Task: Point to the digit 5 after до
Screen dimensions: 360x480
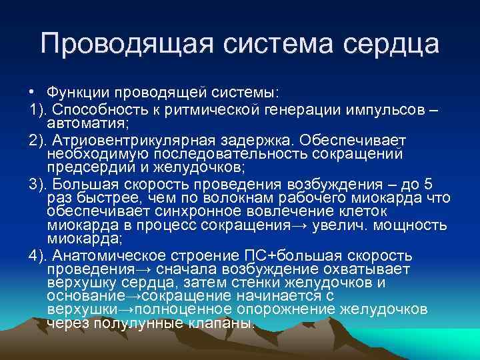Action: [428, 184]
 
